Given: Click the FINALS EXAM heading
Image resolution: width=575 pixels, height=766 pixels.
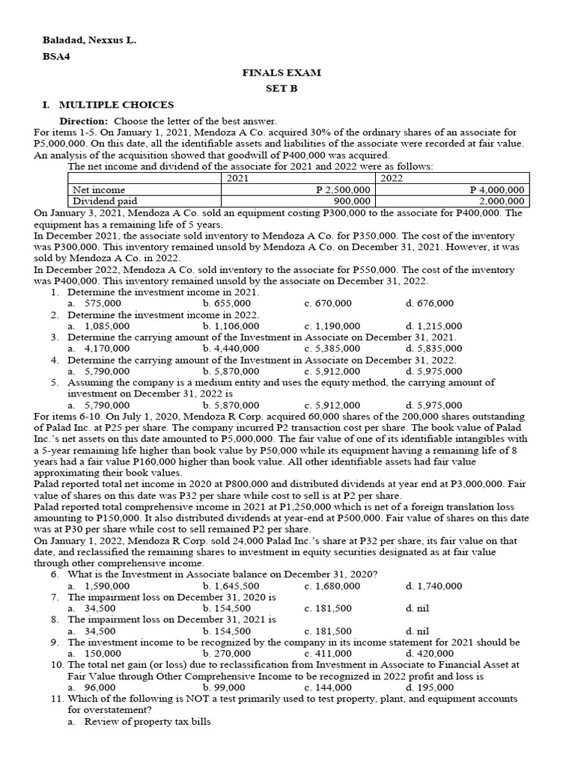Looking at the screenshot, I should [281, 73].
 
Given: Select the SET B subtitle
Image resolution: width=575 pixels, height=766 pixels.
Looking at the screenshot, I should [281, 88].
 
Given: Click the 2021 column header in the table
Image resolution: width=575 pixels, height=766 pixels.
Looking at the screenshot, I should [237, 178].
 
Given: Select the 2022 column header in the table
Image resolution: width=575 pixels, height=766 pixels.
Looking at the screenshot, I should [393, 178].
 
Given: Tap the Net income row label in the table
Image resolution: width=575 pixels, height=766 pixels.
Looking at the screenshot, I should [99, 190].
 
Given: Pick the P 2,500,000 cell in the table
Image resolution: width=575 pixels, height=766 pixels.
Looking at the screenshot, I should [343, 190].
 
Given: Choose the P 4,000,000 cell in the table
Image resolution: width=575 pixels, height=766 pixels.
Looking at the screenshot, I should [496, 190].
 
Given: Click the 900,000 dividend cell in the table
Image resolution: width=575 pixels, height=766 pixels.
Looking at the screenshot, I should [351, 200].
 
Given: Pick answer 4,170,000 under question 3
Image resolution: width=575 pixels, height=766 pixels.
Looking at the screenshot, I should [106, 348].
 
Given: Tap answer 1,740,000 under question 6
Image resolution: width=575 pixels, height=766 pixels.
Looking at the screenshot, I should [439, 586].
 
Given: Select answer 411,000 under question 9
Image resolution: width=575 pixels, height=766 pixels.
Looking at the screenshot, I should [332, 653].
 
